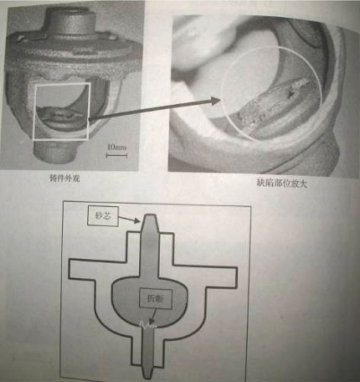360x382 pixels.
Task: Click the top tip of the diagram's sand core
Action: [154, 218]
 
